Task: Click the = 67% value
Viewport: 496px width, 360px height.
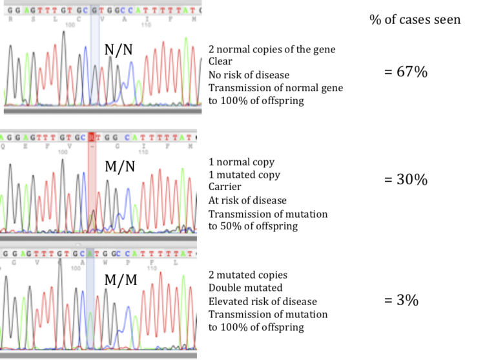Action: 406,72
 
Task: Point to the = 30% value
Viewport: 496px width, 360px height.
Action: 406,180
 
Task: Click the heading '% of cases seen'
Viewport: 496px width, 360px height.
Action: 415,19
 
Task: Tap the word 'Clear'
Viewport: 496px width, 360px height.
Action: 220,62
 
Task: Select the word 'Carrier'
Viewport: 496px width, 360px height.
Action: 223,187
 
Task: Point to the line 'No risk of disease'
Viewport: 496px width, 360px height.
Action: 249,75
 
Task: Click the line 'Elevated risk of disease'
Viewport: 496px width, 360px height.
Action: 262,301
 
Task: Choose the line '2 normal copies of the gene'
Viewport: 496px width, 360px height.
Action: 272,50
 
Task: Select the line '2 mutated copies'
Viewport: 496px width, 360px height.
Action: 248,275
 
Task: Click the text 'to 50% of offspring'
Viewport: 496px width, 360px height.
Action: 253,226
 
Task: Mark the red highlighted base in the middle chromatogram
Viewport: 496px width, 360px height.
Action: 92,137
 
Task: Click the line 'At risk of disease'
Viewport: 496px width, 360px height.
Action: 247,200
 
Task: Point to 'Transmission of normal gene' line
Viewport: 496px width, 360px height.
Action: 276,88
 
